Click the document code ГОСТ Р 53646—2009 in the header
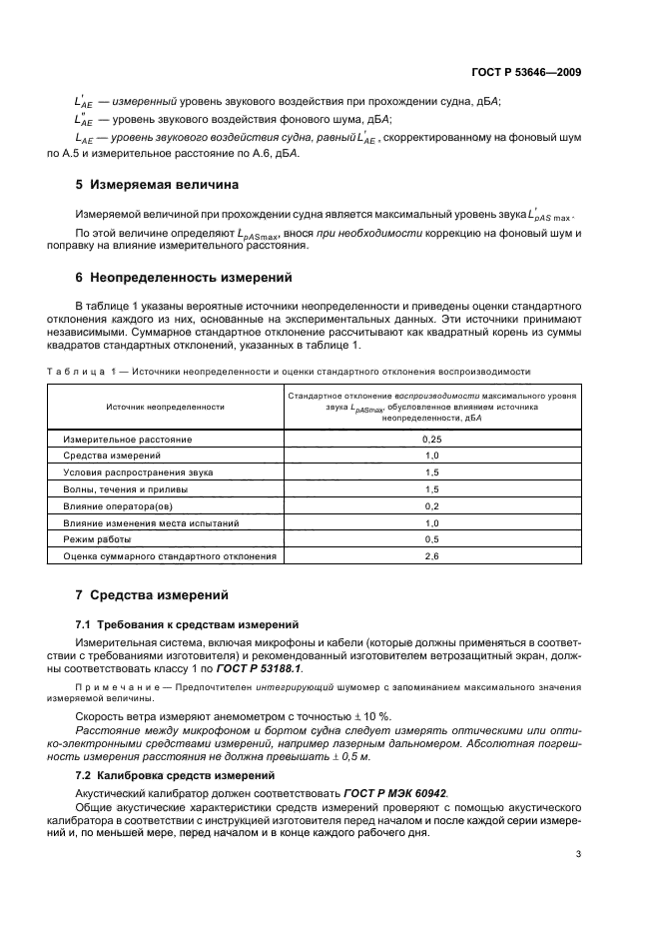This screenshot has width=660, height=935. point(527,72)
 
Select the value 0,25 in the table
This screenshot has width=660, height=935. point(432,439)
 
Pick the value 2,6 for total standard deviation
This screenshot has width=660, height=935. point(432,555)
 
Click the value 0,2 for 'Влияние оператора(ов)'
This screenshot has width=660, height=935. point(432,505)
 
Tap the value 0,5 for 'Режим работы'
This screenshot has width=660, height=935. point(432,538)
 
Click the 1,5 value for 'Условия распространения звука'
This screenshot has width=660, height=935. point(432,471)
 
